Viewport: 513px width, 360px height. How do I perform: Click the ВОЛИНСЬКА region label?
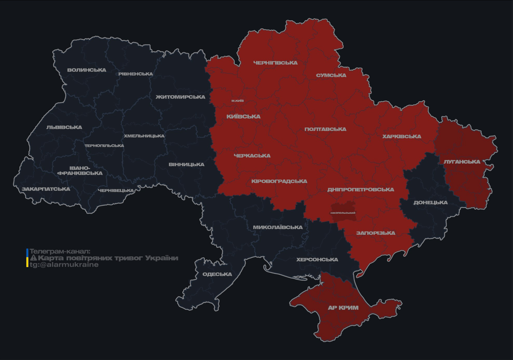(87, 70)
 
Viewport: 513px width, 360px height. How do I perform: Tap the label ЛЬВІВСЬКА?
(64, 127)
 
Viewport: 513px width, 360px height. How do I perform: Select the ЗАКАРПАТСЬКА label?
(46, 189)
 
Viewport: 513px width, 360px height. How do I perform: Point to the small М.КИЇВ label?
(238, 101)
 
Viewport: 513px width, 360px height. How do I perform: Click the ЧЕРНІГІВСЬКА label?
(275, 63)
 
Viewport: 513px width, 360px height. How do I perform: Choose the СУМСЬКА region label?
(331, 75)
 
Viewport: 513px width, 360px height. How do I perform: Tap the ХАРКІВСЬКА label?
(401, 137)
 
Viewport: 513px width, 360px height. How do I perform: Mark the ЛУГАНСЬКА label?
(462, 162)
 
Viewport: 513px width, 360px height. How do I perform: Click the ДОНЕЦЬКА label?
(430, 203)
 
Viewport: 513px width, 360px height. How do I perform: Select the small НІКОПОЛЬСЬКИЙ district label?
(343, 213)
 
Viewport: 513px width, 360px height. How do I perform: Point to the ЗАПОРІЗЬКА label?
(376, 233)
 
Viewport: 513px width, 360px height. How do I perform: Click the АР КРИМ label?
(343, 308)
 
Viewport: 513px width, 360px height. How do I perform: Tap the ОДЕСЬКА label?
(217, 274)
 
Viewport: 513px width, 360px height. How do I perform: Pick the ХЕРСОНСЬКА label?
(317, 260)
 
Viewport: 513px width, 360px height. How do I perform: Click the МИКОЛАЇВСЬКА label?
(278, 227)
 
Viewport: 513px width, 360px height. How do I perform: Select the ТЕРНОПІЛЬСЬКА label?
(104, 146)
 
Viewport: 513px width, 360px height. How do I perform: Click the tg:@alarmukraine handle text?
(64, 265)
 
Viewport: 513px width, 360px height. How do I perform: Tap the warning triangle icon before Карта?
(33, 258)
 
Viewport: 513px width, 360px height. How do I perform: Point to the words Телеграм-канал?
(60, 252)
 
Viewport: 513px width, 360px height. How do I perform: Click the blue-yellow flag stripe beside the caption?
(27, 258)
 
